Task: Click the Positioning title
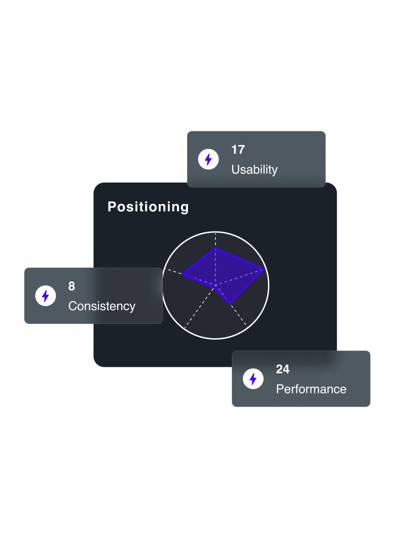click(x=148, y=207)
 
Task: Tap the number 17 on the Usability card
click(x=238, y=150)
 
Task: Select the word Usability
click(x=254, y=169)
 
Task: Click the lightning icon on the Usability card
click(x=209, y=159)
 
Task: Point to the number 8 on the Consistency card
click(x=72, y=286)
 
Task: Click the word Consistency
click(x=102, y=306)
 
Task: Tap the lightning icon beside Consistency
click(x=45, y=296)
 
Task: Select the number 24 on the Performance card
click(x=283, y=369)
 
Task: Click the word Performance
click(x=311, y=389)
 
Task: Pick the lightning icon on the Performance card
click(x=253, y=379)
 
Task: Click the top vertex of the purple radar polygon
click(x=215, y=248)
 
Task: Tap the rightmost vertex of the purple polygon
click(x=264, y=269)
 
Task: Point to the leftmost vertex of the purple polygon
click(x=182, y=274)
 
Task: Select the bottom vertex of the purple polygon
click(x=230, y=303)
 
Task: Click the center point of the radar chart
click(x=215, y=285)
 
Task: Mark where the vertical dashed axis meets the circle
click(x=215, y=231)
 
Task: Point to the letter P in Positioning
click(x=112, y=206)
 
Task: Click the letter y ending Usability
click(x=275, y=171)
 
